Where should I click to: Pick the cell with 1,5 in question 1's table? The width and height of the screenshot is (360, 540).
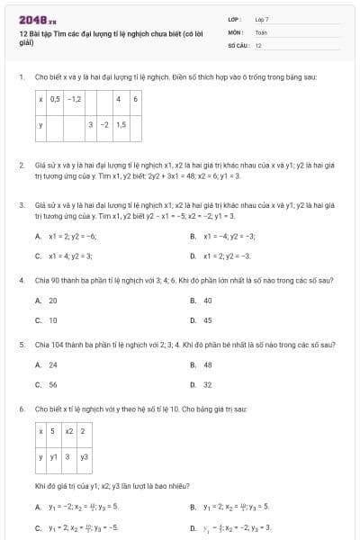[x=121, y=124]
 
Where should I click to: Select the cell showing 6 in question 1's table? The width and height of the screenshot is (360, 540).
[x=136, y=98]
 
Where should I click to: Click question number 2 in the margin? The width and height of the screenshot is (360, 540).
[x=21, y=166]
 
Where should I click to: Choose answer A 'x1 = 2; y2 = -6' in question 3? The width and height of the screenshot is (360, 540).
[x=72, y=236]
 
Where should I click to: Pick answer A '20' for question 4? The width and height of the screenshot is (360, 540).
[x=53, y=300]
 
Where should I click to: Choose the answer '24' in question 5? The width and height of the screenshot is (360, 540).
[x=53, y=364]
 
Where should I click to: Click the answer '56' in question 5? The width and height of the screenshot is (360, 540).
[x=53, y=384]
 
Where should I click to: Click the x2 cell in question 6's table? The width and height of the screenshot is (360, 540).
[x=69, y=430]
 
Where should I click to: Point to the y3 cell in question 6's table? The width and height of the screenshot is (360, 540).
[x=84, y=456]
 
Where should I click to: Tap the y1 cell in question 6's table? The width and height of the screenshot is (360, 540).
[x=54, y=456]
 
